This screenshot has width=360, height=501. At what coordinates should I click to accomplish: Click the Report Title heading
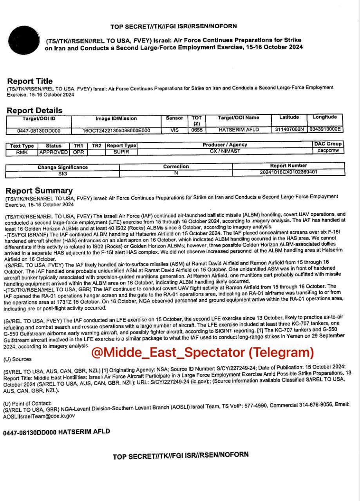point(30,81)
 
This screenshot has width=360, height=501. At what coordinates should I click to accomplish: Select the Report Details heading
point(34,110)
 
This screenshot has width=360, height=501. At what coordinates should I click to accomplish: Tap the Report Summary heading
point(39,191)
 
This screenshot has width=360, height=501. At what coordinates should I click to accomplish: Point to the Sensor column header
point(174,118)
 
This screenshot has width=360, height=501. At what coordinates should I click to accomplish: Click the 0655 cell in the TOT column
point(197,130)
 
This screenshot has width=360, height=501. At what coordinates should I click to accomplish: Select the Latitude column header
point(289,117)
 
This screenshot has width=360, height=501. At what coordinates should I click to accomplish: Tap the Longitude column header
point(325,117)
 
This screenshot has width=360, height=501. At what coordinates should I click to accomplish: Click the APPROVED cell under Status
point(54,152)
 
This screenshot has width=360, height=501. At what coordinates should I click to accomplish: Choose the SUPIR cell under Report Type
point(121,151)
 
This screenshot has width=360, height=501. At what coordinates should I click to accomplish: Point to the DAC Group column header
point(328,144)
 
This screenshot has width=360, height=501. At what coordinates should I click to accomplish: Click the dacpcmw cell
point(328,150)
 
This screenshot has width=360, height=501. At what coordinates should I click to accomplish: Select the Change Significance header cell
point(63,167)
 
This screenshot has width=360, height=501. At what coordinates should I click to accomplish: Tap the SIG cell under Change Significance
point(63,173)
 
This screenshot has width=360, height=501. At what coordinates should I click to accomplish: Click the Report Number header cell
point(288,166)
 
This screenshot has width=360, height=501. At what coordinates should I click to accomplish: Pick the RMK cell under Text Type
point(22,152)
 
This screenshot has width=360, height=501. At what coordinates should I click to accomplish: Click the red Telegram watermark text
point(203,352)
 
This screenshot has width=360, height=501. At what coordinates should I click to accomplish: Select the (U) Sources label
point(17,359)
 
